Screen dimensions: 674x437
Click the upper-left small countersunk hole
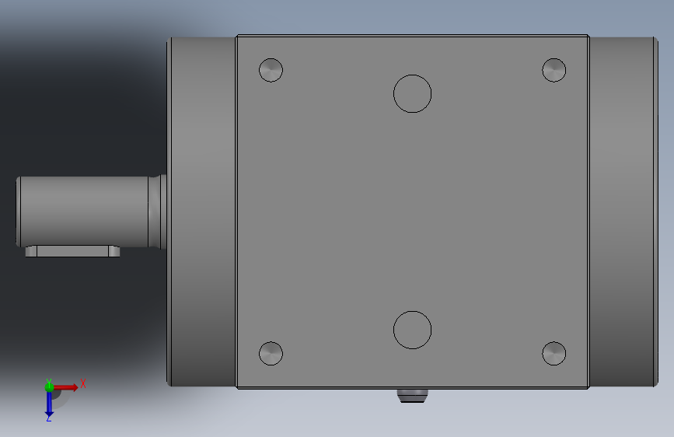point(271,70)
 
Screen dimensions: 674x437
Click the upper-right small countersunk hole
point(554,70)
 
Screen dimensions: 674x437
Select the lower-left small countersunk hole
point(271,354)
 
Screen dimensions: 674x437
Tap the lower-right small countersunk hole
point(554,354)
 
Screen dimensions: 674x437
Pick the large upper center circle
point(412,75)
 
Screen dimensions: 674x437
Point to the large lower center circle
point(412,311)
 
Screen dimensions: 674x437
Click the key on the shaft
point(72,251)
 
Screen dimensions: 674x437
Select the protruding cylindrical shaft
point(84,212)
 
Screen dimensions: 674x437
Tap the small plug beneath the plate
point(412,396)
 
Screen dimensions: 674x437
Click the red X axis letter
point(83,383)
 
